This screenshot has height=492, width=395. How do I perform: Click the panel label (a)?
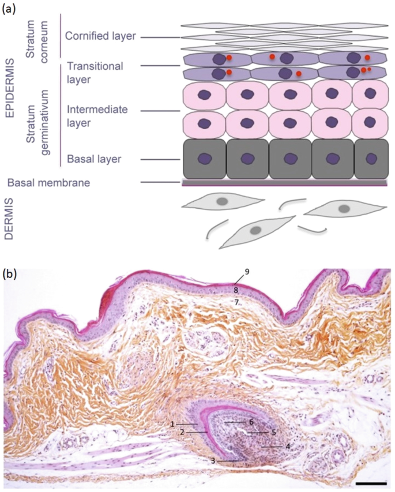coord(12,10)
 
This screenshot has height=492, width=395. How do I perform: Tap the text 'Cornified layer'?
coord(100,36)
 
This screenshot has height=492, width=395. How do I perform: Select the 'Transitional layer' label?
coord(96,72)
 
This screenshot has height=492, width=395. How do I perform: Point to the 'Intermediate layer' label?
coord(96,114)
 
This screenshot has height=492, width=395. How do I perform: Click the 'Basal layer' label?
coord(93,158)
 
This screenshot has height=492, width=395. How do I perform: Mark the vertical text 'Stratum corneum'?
coord(40,35)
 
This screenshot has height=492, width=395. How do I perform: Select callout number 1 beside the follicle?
coord(172,424)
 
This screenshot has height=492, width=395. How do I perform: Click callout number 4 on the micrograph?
coord(287,446)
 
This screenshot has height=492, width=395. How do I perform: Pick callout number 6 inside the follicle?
coord(252,422)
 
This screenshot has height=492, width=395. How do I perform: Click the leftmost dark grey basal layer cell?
coord(204,159)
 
